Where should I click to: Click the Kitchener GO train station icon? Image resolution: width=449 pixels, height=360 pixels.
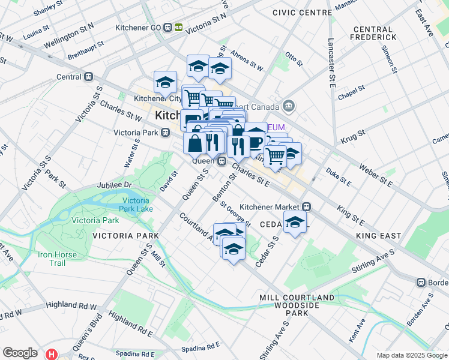tap(179, 28)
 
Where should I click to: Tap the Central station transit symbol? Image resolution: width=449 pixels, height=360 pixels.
tap(89, 77)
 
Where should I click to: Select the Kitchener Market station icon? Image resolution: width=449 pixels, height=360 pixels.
tap(306, 206)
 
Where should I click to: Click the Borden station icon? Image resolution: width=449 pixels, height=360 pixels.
tap(421, 282)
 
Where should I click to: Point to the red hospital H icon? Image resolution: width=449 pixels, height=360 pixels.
tap(52, 354)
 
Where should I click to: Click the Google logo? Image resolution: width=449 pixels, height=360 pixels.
tap(20, 353)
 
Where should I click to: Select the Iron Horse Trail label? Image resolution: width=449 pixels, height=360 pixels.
tap(59, 259)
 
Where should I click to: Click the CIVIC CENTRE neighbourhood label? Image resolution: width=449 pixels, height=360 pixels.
tap(301, 13)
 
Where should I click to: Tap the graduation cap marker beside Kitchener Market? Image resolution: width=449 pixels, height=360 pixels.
tap(295, 223)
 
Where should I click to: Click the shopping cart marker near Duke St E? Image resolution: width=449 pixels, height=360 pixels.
tap(276, 156)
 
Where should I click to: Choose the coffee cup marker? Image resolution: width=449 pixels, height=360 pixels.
tap(256, 140)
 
